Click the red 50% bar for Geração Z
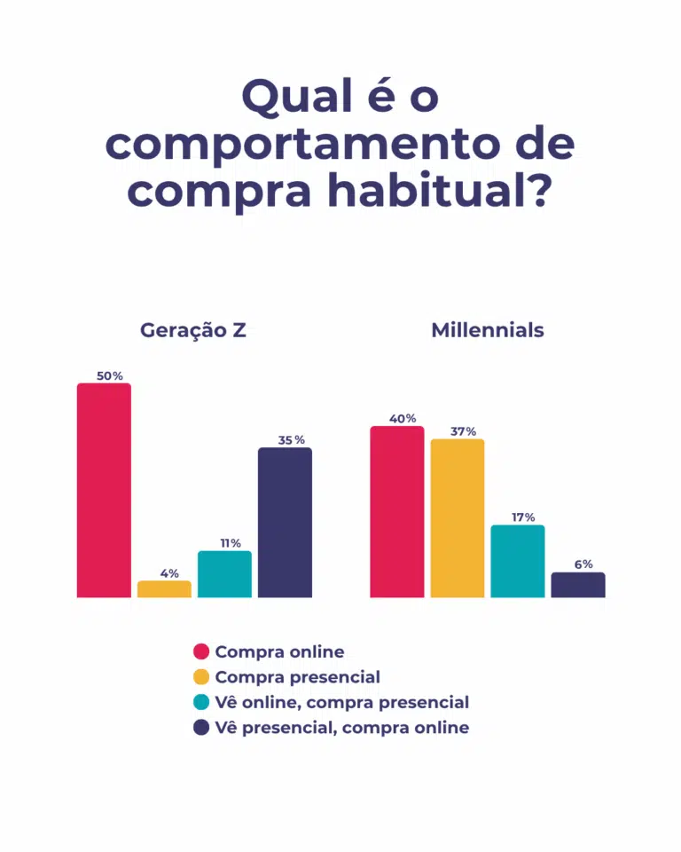point(104,490)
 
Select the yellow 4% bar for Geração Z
point(164,589)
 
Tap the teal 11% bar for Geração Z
point(224,574)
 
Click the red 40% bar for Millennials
point(396,511)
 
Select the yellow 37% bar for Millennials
point(458,517)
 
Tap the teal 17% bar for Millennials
point(518,561)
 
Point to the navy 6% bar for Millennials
point(578,585)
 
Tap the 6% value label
point(583,564)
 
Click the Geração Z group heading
point(193,331)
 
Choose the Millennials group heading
point(488,331)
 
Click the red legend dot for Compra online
point(201,652)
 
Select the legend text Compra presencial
point(297,677)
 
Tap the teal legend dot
point(201,702)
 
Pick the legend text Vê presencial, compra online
point(341,728)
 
